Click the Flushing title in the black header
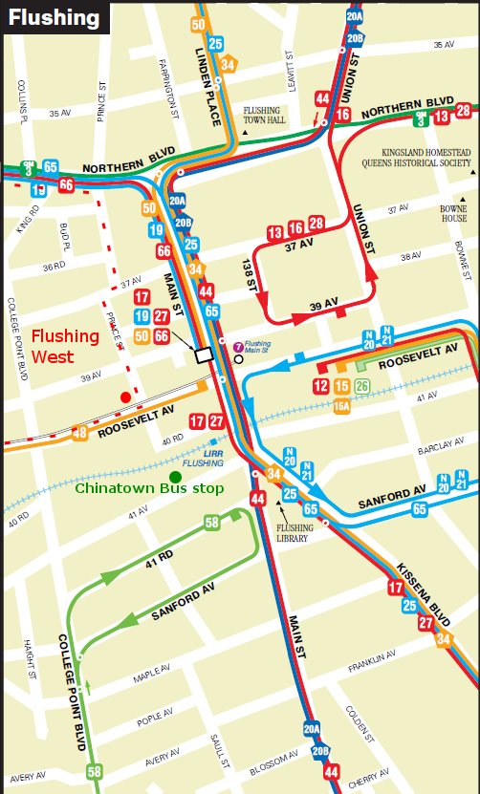pyautogui.click(x=55, y=17)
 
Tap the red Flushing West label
pyautogui.click(x=65, y=346)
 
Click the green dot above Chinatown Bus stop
pyautogui.click(x=175, y=477)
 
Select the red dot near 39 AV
pyautogui.click(x=125, y=397)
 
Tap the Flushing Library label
pyautogui.click(x=293, y=532)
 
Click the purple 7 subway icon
pyautogui.click(x=237, y=345)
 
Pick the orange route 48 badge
pyautogui.click(x=79, y=433)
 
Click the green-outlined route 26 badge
pyautogui.click(x=361, y=386)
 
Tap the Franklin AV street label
pyautogui.click(x=373, y=660)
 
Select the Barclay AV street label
pyautogui.click(x=439, y=448)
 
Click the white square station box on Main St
pyautogui.click(x=204, y=354)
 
